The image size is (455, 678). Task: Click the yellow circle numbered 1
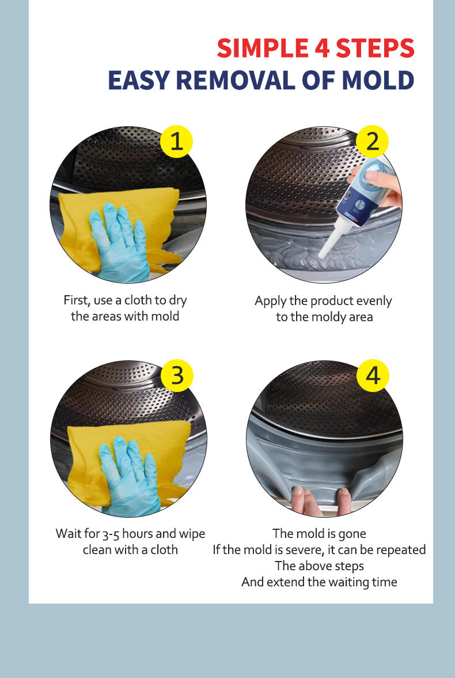click(176, 141)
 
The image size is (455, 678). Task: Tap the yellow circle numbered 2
click(373, 141)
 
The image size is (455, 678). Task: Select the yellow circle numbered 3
click(177, 375)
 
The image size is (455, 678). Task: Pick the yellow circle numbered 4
click(373, 375)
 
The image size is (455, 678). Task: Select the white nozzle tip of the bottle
click(326, 251)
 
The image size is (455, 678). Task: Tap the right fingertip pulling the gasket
click(344, 496)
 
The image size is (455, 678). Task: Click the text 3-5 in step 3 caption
click(115, 534)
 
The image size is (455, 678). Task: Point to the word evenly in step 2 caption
click(374, 301)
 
